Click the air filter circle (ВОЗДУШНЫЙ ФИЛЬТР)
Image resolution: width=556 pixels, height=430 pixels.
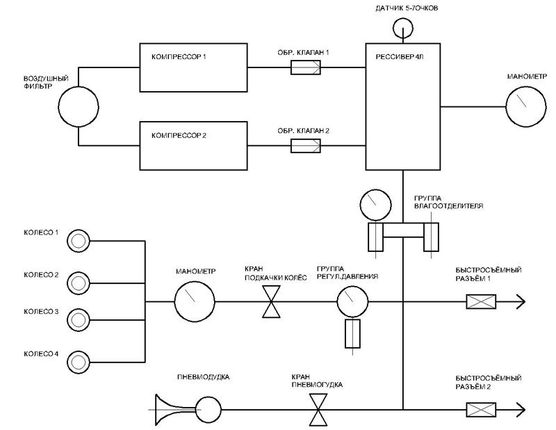coord(79,107)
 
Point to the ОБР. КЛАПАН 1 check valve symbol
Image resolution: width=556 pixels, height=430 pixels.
coord(305,68)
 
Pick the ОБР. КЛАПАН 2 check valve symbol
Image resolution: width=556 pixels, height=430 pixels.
coord(305,145)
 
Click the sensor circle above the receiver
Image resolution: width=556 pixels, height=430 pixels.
coord(402,29)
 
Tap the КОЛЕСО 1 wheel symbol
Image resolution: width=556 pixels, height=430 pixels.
coord(78,240)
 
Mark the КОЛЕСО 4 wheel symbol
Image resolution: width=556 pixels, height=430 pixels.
coord(78,360)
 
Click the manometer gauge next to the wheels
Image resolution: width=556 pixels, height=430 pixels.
coord(194,301)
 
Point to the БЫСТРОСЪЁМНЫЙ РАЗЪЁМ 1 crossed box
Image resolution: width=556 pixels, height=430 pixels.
coord(480,301)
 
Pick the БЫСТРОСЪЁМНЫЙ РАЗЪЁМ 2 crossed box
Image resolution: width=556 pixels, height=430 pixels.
coord(480,409)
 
